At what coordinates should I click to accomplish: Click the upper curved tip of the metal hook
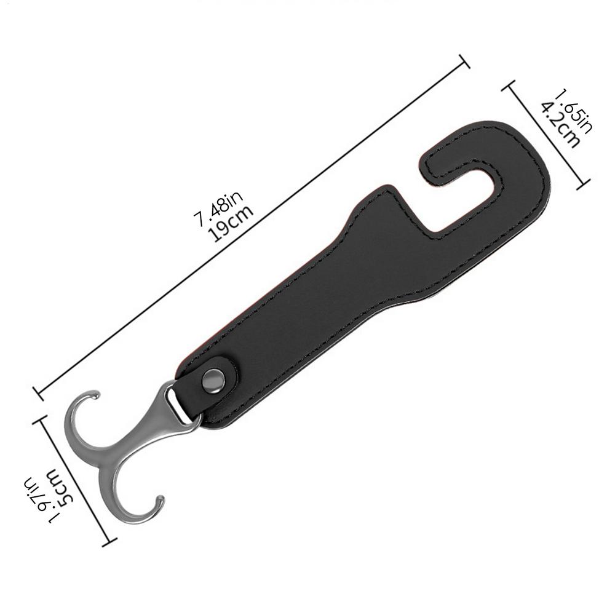pos(93,393)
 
